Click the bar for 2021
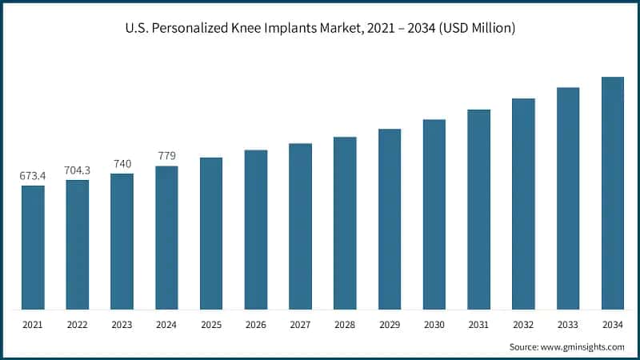click(x=33, y=247)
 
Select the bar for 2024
click(x=166, y=238)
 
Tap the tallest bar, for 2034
click(x=612, y=193)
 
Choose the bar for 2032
click(x=523, y=203)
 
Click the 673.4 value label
click(x=33, y=175)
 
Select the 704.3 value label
click(x=78, y=170)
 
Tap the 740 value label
click(x=122, y=163)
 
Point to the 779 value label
click(x=166, y=155)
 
